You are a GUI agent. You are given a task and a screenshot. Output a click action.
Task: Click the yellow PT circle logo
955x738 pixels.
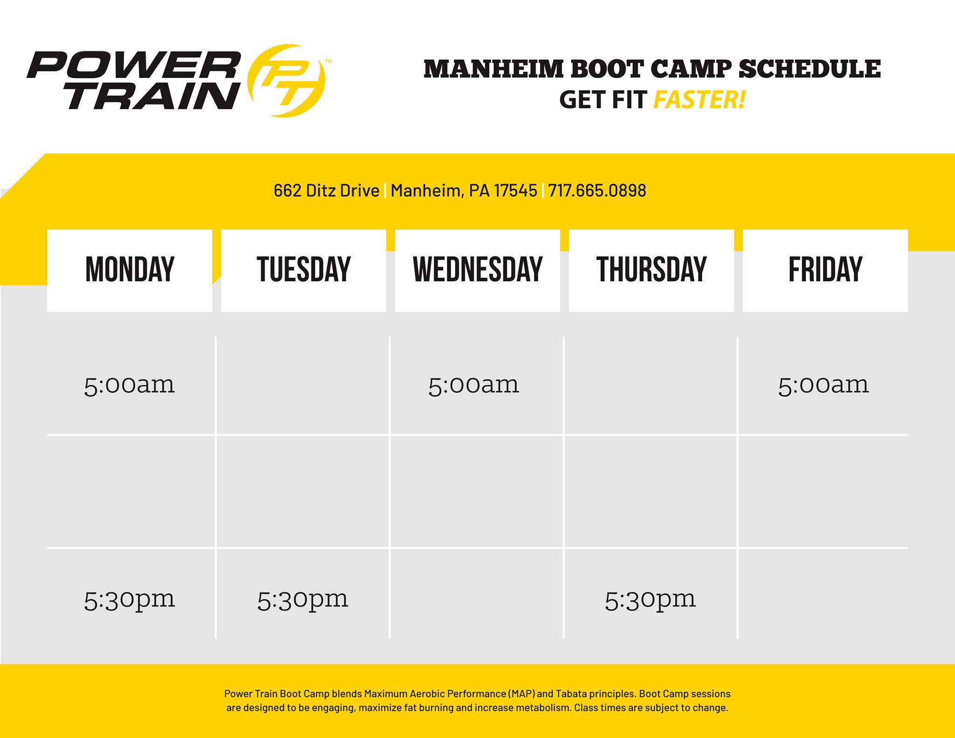(x=286, y=80)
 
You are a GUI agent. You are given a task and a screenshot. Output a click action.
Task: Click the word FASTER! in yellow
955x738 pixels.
(x=699, y=99)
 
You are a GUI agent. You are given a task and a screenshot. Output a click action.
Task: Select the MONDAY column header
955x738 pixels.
(x=130, y=270)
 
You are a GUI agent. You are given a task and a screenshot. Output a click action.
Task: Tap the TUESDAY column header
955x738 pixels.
(x=304, y=270)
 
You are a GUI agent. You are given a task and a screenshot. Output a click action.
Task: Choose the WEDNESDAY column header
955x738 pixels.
(x=477, y=270)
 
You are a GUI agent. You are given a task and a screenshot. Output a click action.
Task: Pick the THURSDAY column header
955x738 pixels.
(x=651, y=270)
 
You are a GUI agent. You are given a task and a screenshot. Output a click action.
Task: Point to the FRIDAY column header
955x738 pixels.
(x=825, y=270)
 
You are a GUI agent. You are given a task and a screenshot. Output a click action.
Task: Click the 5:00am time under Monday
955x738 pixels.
(x=129, y=386)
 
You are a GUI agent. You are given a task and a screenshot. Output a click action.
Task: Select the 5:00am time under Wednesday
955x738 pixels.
(x=473, y=386)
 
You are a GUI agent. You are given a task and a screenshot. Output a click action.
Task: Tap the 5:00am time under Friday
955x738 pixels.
(x=823, y=386)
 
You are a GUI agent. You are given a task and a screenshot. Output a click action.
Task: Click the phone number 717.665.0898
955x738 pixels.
(x=597, y=190)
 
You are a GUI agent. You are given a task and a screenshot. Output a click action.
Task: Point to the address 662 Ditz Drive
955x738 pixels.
(x=326, y=190)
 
